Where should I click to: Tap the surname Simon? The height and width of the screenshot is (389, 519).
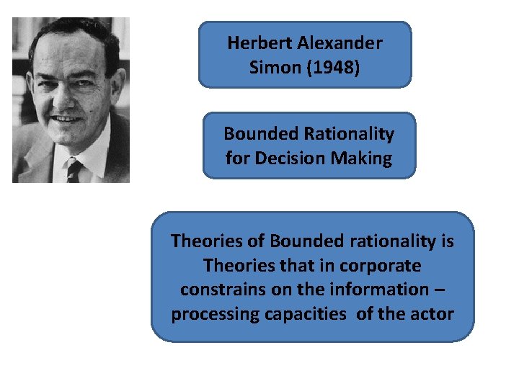click(270, 67)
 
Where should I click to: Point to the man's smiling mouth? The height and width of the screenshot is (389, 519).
click(67, 118)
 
